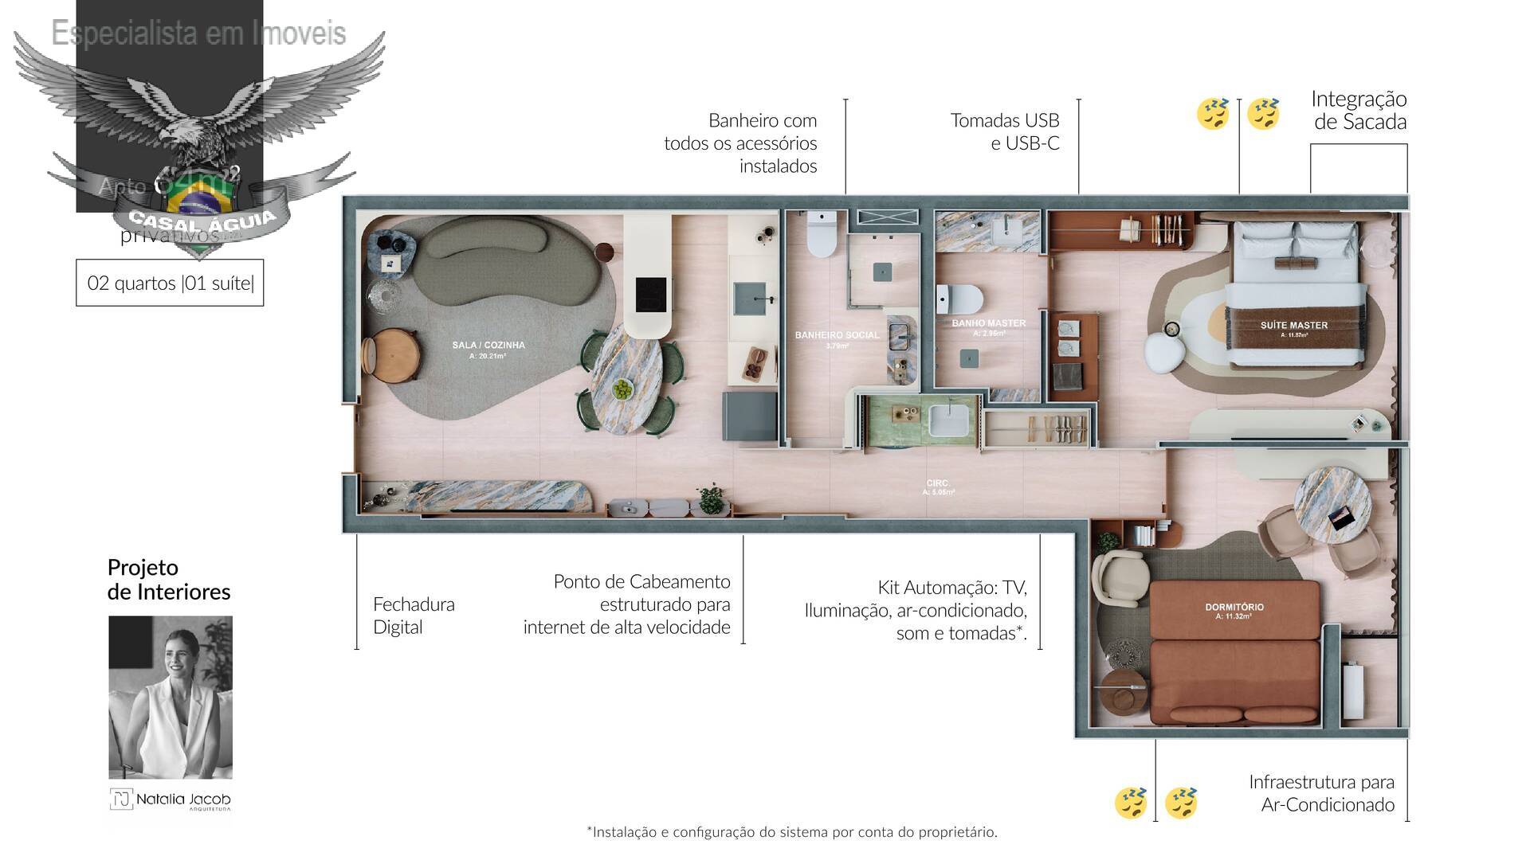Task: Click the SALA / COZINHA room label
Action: pyautogui.click(x=488, y=346)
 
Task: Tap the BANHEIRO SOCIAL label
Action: pyautogui.click(x=837, y=335)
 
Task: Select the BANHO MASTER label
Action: pyautogui.click(x=988, y=323)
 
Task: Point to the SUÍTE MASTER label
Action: pyautogui.click(x=1293, y=325)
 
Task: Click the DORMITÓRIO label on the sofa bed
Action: pyautogui.click(x=1234, y=608)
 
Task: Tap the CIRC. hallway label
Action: pyautogui.click(x=938, y=483)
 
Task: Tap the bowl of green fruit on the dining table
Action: pyautogui.click(x=622, y=389)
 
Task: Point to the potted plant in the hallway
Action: pyautogui.click(x=710, y=500)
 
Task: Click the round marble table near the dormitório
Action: pyautogui.click(x=1332, y=504)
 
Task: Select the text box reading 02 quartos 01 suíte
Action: pyautogui.click(x=170, y=283)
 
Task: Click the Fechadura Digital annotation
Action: pyautogui.click(x=413, y=616)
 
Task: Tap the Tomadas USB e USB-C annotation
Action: pyautogui.click(x=1004, y=131)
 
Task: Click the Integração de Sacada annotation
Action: pyautogui.click(x=1359, y=110)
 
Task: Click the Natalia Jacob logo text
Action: pyautogui.click(x=182, y=799)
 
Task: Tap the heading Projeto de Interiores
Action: pyautogui.click(x=169, y=579)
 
